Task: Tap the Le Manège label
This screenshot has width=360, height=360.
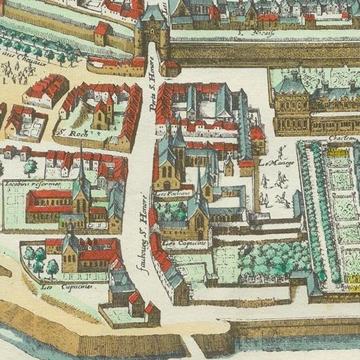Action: point(271,164)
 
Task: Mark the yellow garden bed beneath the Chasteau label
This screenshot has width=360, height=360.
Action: point(337,152)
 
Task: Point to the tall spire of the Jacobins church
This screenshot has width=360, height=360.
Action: point(81,165)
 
